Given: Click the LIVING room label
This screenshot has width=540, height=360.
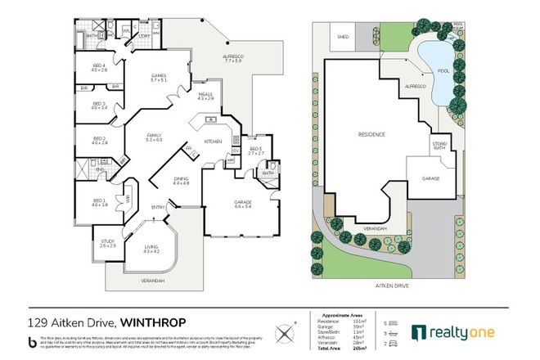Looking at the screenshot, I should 151,248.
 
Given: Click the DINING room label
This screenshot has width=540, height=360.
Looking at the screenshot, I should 181,181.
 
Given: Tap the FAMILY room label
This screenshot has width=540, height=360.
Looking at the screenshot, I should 154,137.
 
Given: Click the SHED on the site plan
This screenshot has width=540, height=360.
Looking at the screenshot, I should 340,36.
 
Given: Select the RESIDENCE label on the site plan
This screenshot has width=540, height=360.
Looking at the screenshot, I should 372,133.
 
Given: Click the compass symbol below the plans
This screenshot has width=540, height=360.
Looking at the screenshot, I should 285,331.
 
